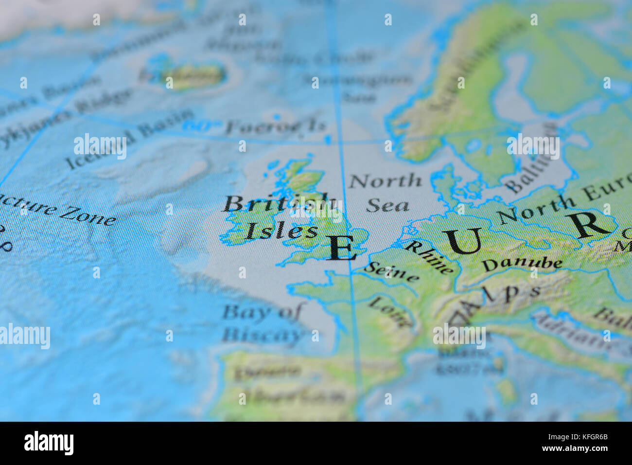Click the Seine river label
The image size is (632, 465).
[392, 272]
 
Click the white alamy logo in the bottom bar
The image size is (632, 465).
[49, 443]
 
